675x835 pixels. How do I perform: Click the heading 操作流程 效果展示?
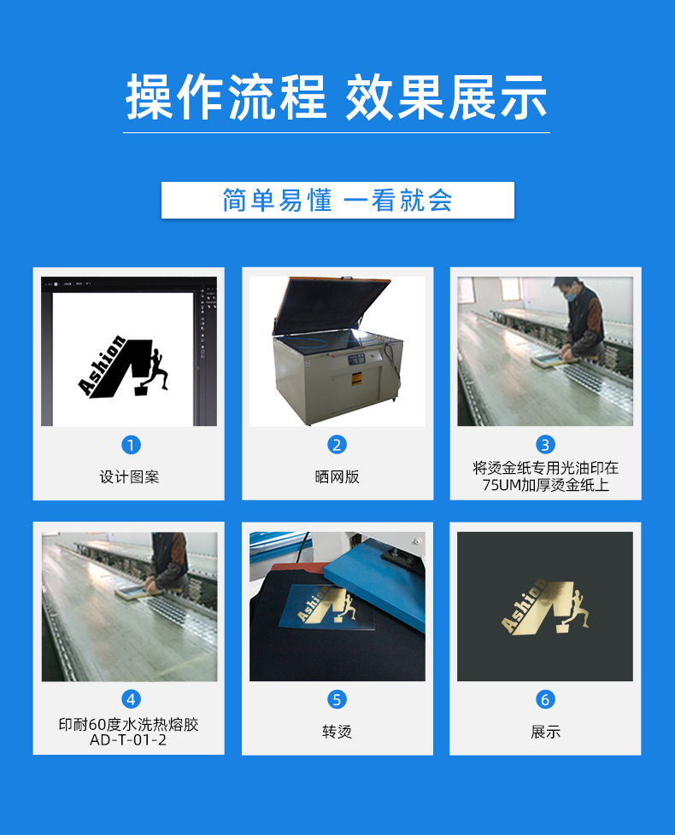337,97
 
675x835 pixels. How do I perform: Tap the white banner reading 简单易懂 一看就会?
337,201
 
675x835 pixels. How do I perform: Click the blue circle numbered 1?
131,445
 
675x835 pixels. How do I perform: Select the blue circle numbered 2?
337,445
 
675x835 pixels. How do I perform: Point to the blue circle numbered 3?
545,445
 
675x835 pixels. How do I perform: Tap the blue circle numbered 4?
131,700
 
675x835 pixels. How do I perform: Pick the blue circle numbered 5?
337,700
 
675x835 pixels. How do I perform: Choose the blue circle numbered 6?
545,700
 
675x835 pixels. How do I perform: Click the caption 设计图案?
129,476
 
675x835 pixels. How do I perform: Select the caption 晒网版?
337,476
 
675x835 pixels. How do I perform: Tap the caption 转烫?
337,732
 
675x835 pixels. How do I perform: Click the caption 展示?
545,732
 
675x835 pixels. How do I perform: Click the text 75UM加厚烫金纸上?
545,486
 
